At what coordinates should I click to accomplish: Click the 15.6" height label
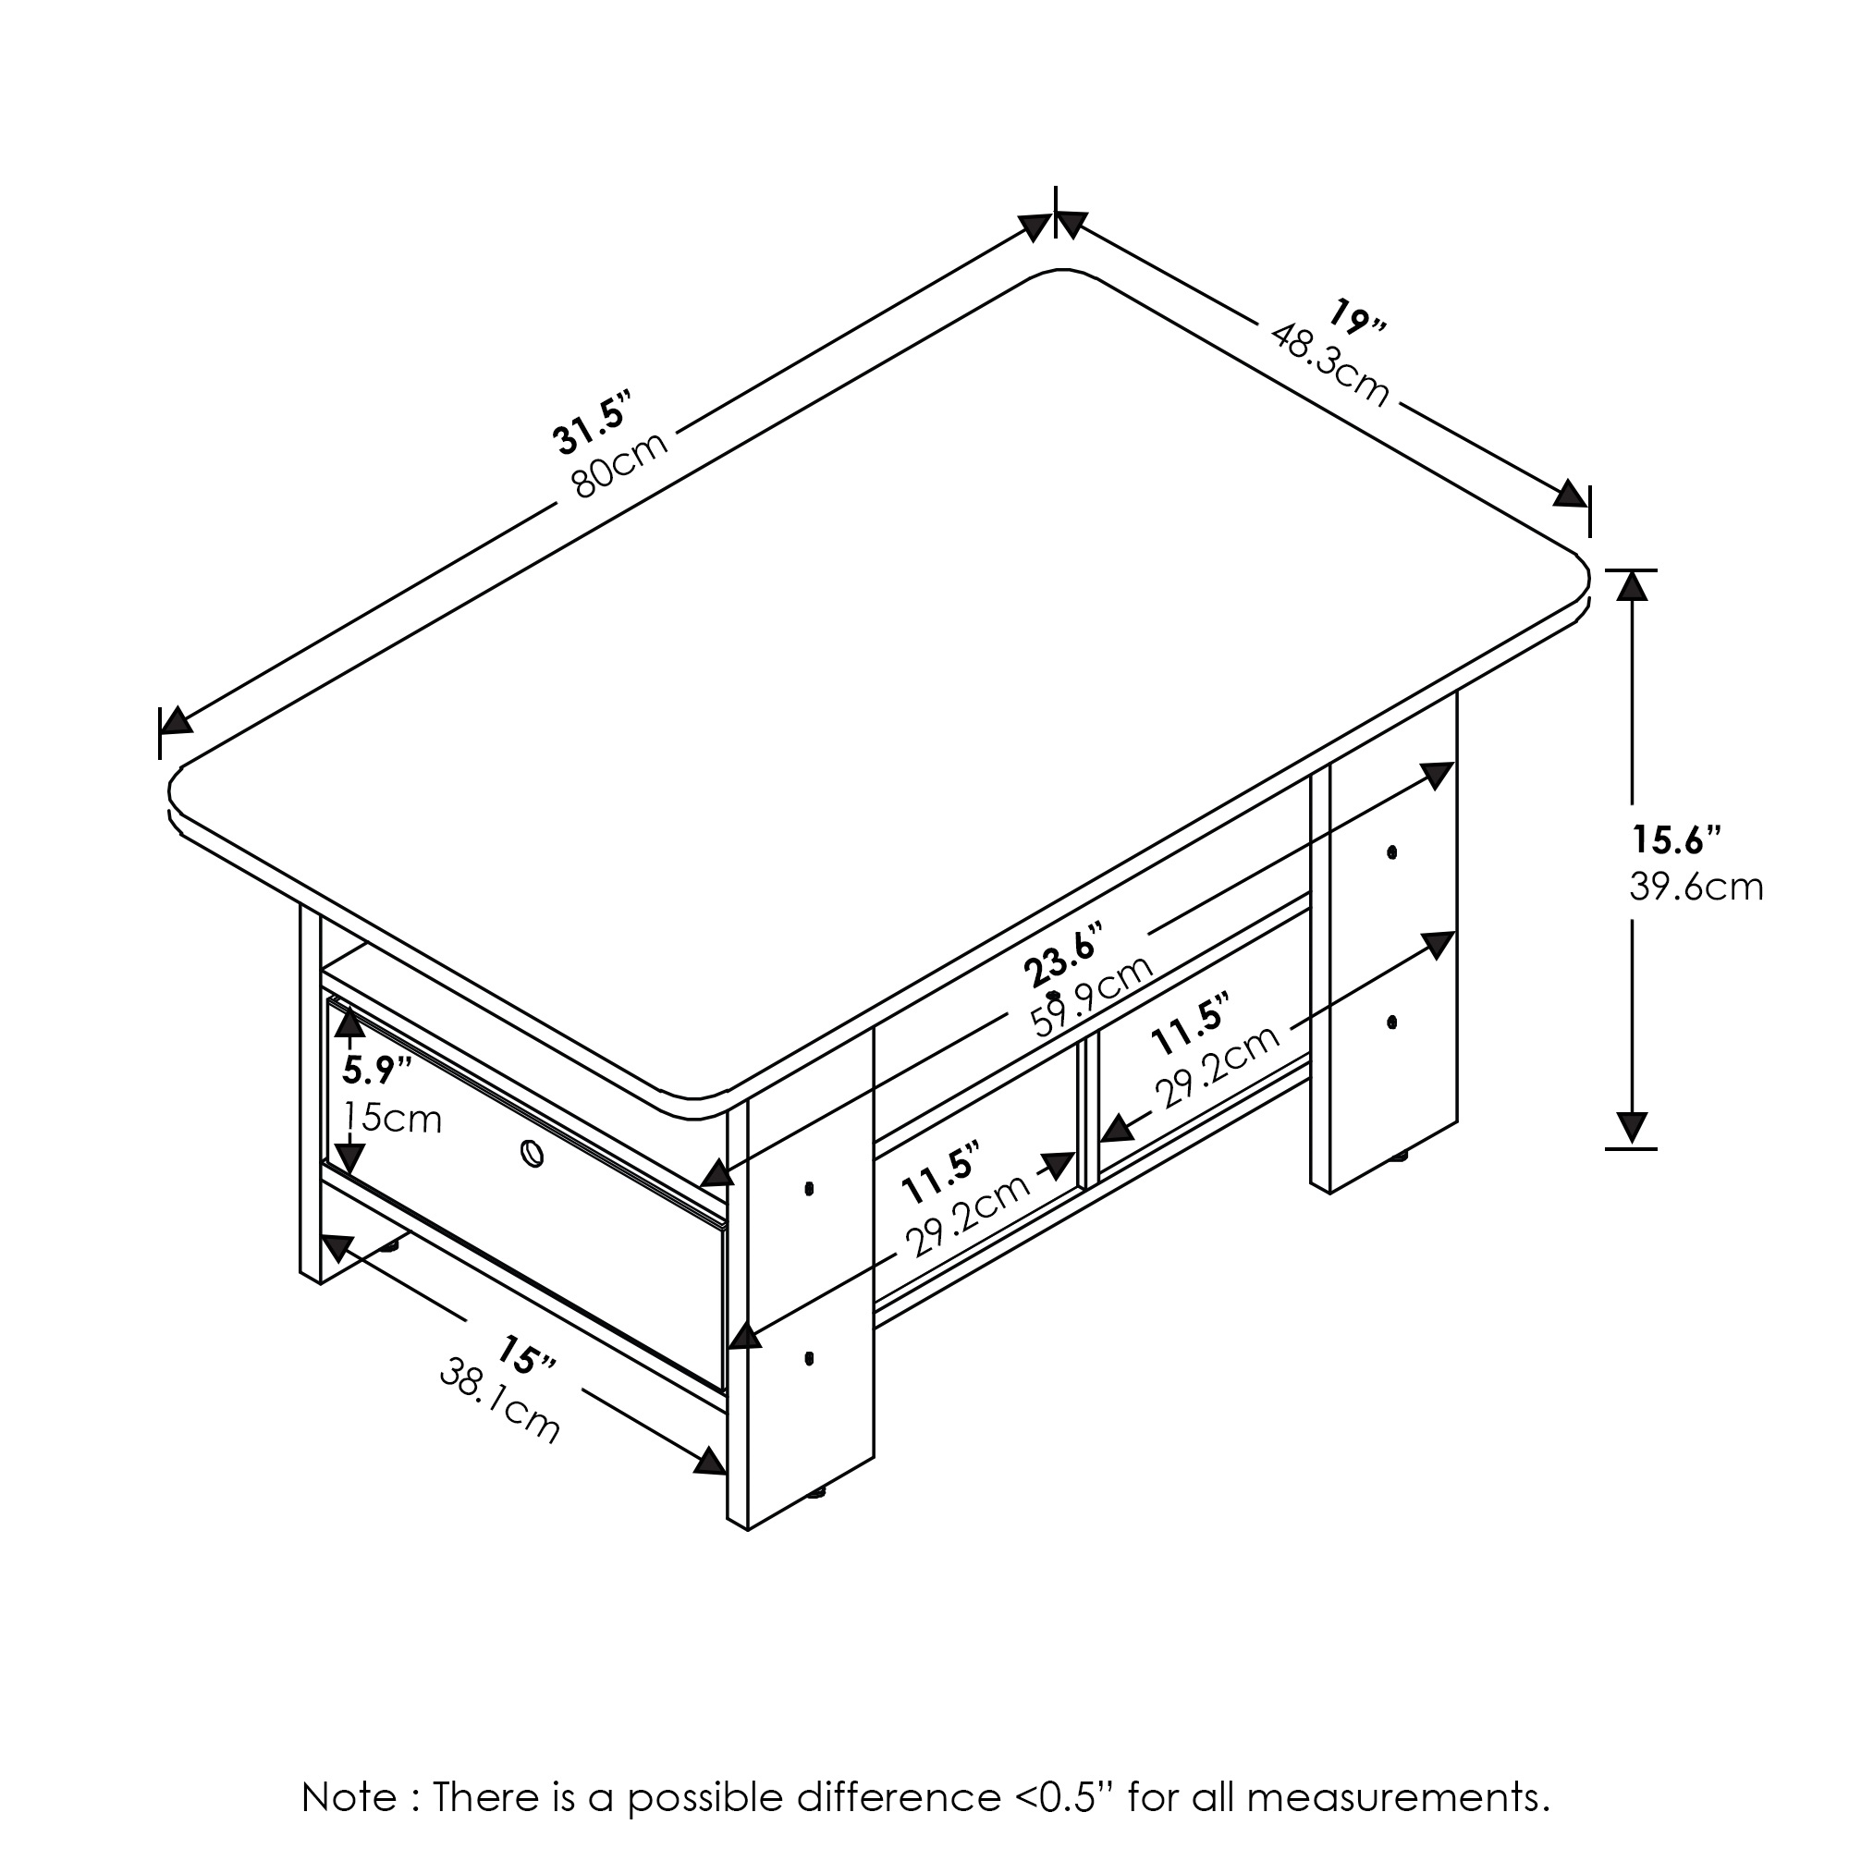pyautogui.click(x=1676, y=840)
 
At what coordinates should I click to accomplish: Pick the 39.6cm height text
pyautogui.click(x=1696, y=888)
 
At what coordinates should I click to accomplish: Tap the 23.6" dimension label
pyautogui.click(x=1062, y=954)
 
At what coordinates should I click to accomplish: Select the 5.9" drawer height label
pyautogui.click(x=377, y=1070)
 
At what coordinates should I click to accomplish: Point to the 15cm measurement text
pyautogui.click(x=392, y=1117)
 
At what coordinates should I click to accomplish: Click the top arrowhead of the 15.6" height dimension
pyautogui.click(x=1632, y=586)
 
